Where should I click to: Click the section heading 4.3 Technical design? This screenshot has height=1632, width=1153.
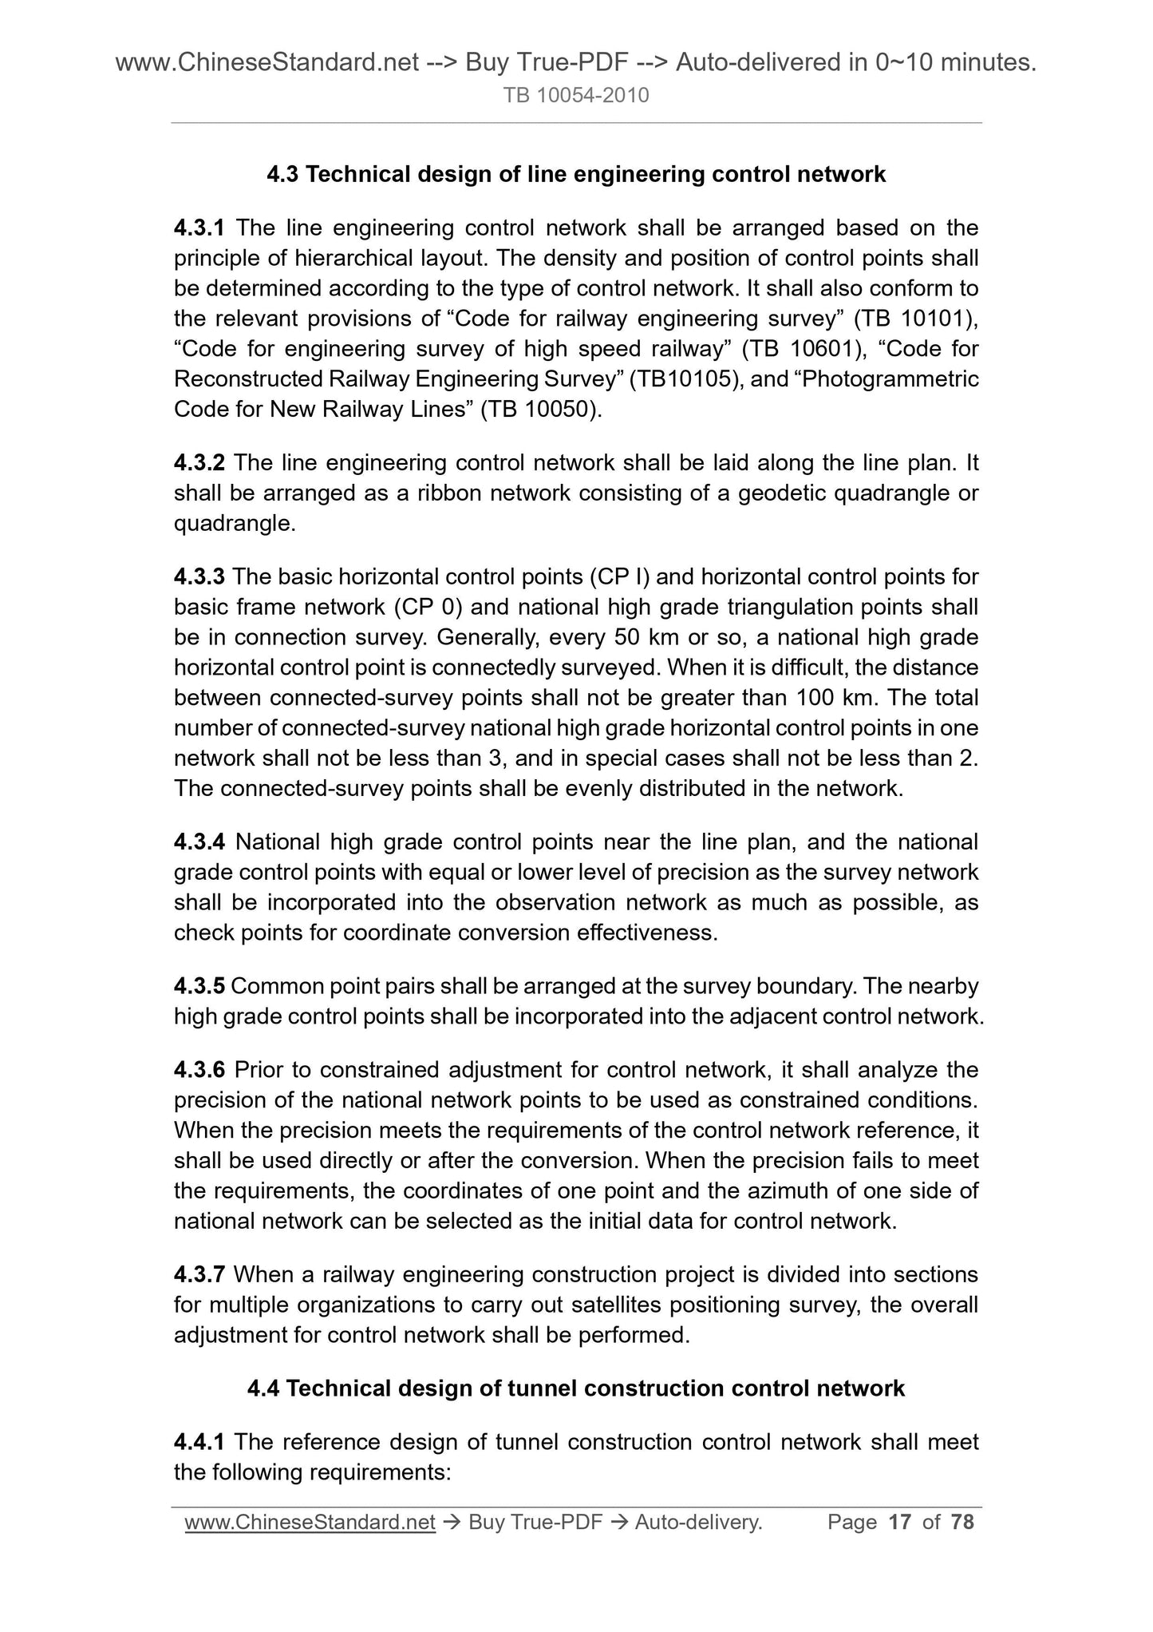point(575,174)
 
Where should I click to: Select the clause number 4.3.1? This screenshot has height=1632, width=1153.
point(199,228)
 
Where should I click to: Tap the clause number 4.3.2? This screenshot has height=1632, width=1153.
point(199,463)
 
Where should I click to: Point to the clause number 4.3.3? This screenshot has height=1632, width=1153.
point(199,576)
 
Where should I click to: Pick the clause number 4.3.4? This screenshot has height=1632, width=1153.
point(199,842)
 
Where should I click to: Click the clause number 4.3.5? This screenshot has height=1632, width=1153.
point(199,986)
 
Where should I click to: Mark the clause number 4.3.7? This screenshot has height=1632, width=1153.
point(199,1274)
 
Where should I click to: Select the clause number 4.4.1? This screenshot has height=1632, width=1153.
point(199,1442)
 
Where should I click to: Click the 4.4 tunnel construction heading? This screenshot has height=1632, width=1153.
point(575,1388)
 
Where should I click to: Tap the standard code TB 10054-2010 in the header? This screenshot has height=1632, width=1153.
point(575,96)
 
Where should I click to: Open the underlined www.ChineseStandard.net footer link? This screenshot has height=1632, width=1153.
point(310,1523)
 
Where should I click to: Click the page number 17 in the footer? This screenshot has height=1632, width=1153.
point(899,1523)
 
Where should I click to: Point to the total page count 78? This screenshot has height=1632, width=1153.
point(962,1523)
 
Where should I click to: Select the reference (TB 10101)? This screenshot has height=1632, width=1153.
point(915,319)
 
